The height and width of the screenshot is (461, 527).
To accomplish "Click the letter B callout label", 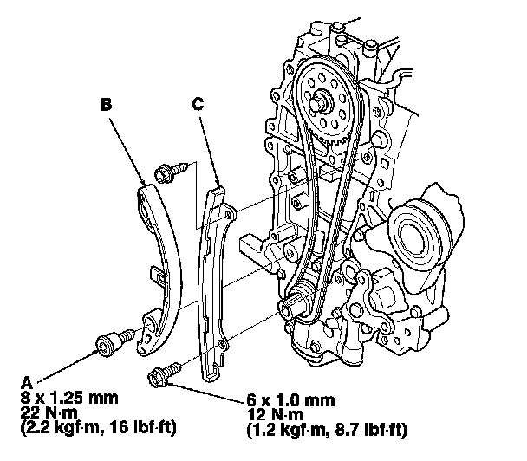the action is [107, 104].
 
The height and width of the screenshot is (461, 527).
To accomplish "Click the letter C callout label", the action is [198, 104].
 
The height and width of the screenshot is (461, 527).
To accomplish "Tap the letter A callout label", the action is [27, 383].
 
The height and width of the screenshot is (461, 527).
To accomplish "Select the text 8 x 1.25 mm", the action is [69, 399].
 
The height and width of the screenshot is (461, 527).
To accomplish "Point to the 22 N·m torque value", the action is [49, 412].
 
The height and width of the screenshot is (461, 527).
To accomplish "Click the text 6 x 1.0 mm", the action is [290, 400].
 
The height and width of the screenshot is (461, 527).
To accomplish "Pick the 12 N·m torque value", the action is [275, 414].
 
